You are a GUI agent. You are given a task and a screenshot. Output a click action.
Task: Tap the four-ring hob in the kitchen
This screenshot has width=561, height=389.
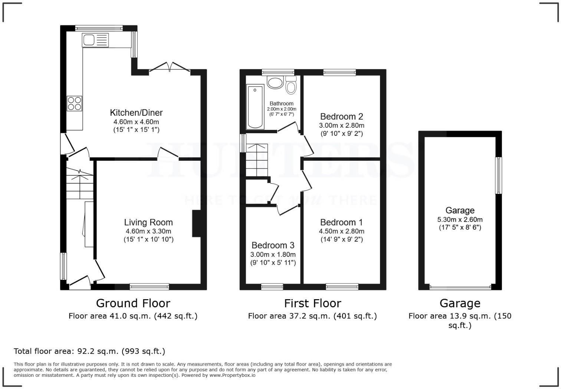(x=74, y=103)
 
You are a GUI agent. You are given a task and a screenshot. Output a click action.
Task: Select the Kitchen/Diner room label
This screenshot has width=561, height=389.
(x=136, y=112)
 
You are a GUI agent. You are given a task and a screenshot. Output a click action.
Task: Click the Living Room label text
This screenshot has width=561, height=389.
(x=148, y=222)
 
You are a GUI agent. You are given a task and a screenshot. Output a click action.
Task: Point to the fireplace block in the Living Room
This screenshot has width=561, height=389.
(x=196, y=223)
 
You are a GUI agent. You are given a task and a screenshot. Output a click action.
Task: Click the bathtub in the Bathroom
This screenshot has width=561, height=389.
(x=255, y=107)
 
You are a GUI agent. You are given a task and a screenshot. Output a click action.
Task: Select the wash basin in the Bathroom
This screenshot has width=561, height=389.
(x=275, y=82)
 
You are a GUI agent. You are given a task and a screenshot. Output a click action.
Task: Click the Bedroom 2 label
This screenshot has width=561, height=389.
(x=341, y=117)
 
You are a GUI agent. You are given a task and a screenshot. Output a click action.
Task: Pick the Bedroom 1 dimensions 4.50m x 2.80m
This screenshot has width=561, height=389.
(x=341, y=231)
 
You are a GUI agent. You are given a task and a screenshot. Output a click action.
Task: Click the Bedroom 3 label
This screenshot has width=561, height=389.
(x=273, y=245)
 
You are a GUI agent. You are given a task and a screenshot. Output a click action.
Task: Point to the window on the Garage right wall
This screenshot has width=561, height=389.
(x=499, y=175)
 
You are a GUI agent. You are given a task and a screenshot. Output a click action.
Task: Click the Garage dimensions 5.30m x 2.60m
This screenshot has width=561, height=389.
(x=460, y=219)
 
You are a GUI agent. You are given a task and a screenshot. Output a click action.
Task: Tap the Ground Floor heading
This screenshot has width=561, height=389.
(x=133, y=303)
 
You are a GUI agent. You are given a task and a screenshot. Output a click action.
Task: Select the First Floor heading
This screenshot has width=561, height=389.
(x=312, y=303)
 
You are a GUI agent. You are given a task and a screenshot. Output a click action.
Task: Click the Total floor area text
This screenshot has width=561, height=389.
(x=89, y=351)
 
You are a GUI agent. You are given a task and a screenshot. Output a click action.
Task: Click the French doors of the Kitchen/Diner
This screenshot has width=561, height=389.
(x=170, y=68)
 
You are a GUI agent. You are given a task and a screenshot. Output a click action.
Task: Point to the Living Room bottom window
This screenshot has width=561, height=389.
(x=149, y=287)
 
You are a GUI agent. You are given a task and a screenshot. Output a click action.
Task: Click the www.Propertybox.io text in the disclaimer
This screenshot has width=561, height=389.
(x=232, y=375)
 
